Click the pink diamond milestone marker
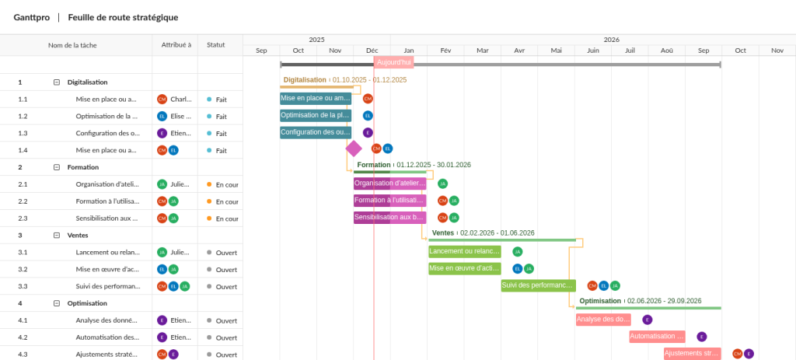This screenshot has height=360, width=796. (x=354, y=149)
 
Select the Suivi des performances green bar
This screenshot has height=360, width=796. (x=538, y=285)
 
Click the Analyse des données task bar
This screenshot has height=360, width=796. (x=602, y=319)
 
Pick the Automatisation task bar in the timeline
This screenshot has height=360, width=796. (x=657, y=337)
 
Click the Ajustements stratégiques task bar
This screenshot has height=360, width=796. (x=692, y=354)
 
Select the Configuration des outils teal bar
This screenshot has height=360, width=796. (x=316, y=132)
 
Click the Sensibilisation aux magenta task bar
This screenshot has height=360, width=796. (x=389, y=218)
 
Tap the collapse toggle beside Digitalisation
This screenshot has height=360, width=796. (x=56, y=82)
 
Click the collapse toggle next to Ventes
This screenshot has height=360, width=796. (x=56, y=235)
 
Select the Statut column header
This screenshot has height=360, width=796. (x=216, y=45)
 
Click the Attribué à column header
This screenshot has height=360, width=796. (x=176, y=45)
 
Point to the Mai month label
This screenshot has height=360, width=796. (x=556, y=51)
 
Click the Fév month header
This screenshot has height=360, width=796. (x=445, y=51)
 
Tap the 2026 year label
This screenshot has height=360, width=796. (x=611, y=39)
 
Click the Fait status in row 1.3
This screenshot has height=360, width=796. (x=221, y=133)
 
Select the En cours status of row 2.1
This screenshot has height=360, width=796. (x=226, y=184)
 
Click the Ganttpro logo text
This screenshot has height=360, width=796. (x=32, y=17)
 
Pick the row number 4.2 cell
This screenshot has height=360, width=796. (x=23, y=337)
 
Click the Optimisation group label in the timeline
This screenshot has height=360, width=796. (x=600, y=301)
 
